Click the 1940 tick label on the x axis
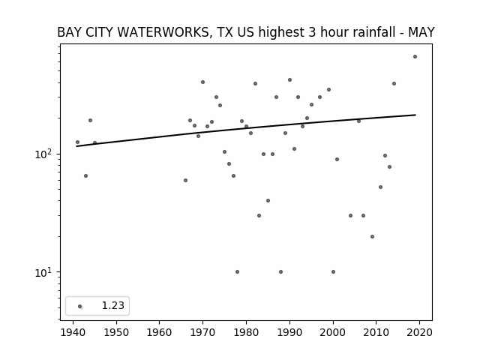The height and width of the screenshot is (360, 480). [73, 332]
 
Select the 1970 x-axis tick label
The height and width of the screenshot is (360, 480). [202, 332]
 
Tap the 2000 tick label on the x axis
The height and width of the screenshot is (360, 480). [333, 332]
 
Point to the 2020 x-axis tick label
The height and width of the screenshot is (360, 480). [419, 332]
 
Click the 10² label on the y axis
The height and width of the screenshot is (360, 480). [45, 154]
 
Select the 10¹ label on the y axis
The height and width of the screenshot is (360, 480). [45, 272]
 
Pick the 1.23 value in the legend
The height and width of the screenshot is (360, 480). [113, 305]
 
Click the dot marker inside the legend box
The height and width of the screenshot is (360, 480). [80, 306]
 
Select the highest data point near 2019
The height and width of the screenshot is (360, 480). [415, 57]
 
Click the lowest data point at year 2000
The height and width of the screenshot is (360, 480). [333, 271]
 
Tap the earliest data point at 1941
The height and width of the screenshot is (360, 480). [77, 142]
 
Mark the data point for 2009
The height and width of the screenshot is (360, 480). [372, 237]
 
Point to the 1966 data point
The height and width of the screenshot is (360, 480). [185, 180]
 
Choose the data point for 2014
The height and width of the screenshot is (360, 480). [394, 83]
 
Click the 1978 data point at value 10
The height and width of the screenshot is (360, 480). [237, 271]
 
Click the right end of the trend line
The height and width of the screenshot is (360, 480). [415, 115]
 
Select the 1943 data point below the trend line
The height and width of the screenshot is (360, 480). [85, 175]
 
